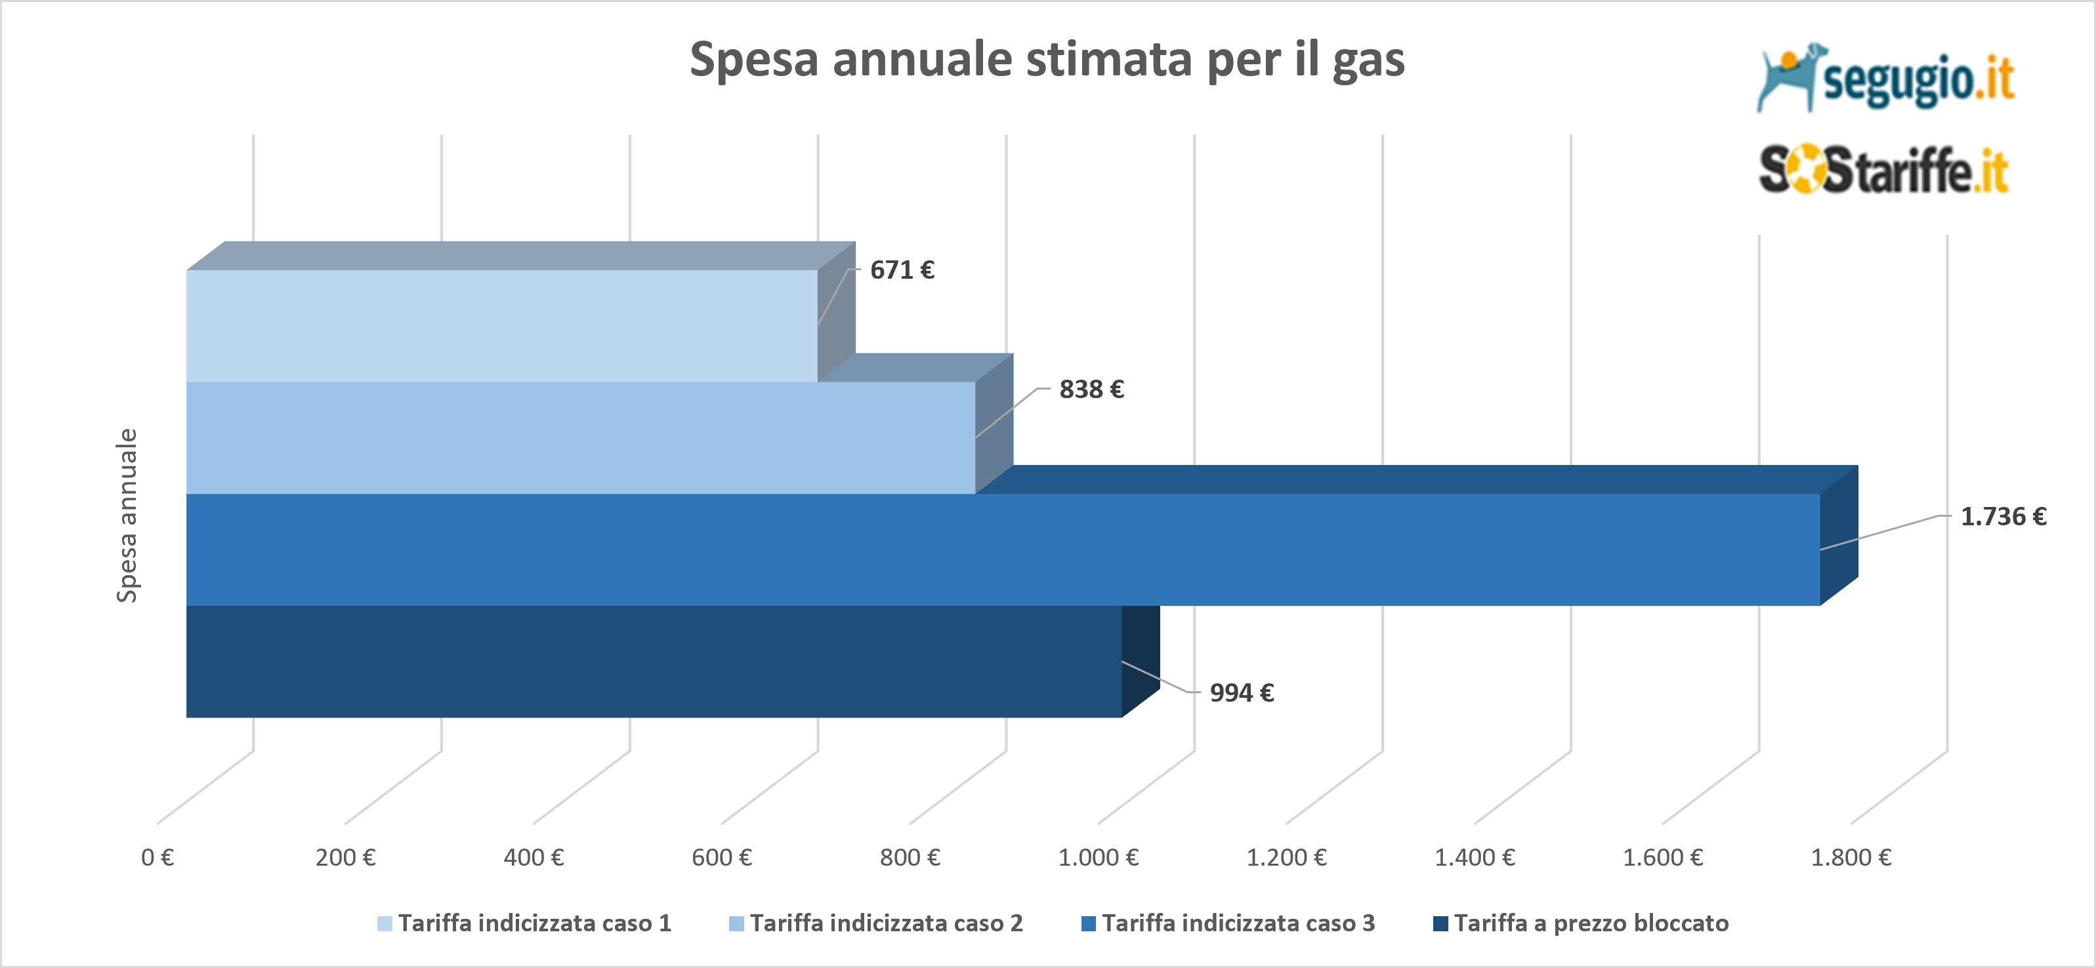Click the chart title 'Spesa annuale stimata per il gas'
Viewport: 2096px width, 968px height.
point(1047,60)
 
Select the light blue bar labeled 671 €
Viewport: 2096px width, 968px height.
point(501,325)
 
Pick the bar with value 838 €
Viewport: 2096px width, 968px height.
point(580,437)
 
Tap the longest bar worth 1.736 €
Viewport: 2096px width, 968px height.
point(1003,549)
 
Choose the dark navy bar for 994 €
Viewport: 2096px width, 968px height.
point(654,661)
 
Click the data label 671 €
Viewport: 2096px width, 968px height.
point(902,270)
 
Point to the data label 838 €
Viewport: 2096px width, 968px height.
point(1091,390)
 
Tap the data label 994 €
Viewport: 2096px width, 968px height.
point(1242,693)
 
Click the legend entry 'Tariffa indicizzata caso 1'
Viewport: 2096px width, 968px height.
point(525,923)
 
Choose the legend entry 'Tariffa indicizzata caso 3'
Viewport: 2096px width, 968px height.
point(1228,923)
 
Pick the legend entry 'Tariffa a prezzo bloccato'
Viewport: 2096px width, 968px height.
point(1581,923)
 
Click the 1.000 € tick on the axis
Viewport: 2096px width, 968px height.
point(1098,857)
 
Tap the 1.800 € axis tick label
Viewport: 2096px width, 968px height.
point(1851,857)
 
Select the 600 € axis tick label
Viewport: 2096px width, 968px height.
point(722,857)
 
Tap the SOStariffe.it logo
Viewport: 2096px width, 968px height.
point(1883,170)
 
